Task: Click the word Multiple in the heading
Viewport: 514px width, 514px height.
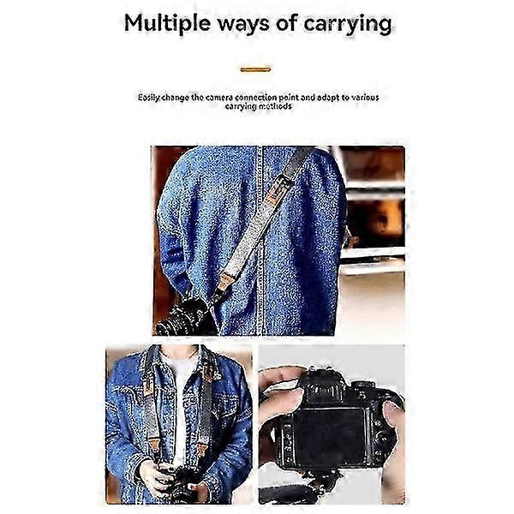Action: click(167, 24)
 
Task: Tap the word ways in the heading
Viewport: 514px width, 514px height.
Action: click(243, 26)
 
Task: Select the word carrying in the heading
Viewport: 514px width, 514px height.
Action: click(348, 26)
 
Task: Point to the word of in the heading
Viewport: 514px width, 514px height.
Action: click(286, 24)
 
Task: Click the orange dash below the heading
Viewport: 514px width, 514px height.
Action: click(255, 69)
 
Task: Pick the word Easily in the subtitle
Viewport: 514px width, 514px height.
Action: click(149, 98)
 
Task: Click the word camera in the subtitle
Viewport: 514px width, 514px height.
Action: click(219, 98)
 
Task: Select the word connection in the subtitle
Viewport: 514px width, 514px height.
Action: click(255, 98)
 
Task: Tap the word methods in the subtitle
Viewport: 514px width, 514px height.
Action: click(275, 106)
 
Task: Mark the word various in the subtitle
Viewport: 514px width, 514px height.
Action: click(365, 98)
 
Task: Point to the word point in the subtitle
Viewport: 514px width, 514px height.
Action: click(289, 98)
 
